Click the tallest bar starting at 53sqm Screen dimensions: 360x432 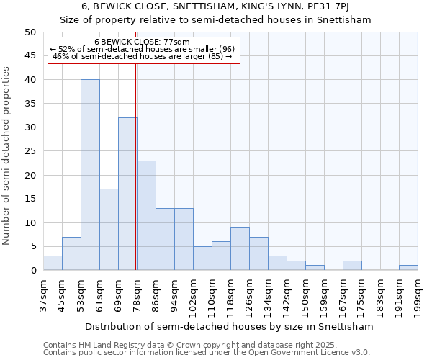click(90, 175)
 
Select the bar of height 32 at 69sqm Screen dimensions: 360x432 click(127, 194)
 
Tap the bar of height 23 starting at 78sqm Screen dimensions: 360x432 click(146, 215)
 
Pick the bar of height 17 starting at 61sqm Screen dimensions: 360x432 click(109, 230)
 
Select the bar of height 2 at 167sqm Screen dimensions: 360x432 click(352, 266)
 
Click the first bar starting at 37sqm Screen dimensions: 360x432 click(53, 263)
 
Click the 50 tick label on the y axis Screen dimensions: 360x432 click(30, 32)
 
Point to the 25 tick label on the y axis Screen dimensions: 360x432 click(30, 151)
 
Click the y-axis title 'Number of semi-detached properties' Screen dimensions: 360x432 click(6, 155)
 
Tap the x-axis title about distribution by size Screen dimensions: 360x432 click(229, 326)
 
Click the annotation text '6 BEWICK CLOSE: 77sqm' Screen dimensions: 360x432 click(142, 42)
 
